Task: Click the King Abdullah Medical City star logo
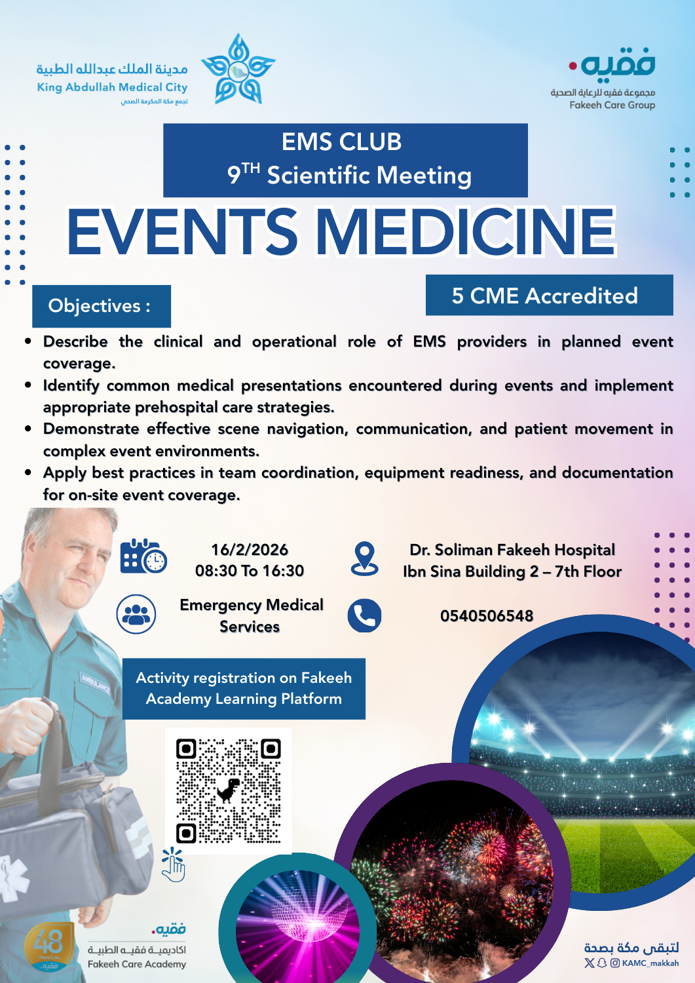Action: [x=238, y=70]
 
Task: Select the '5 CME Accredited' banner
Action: [x=549, y=296]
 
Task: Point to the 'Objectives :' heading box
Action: [x=101, y=306]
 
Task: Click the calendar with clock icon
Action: [x=143, y=556]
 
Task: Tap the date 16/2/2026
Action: [x=250, y=550]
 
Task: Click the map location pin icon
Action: [x=364, y=558]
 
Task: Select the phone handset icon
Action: [x=364, y=616]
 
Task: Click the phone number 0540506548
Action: [x=487, y=616]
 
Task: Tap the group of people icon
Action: [x=136, y=614]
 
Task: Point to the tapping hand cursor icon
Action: [x=174, y=864]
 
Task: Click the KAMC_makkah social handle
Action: [x=650, y=963]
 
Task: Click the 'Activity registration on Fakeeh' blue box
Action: [x=244, y=688]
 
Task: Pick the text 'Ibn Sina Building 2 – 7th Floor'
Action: [x=512, y=571]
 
